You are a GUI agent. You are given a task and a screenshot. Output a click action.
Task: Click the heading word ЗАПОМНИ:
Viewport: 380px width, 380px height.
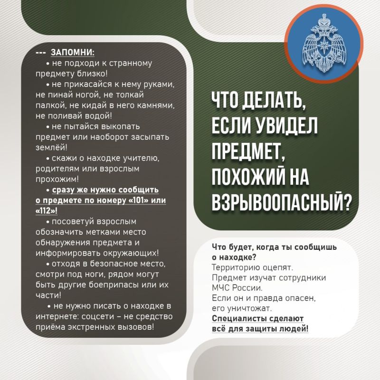pos(73,52)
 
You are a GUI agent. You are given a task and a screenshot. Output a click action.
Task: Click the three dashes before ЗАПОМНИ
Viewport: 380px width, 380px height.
pos(41,52)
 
